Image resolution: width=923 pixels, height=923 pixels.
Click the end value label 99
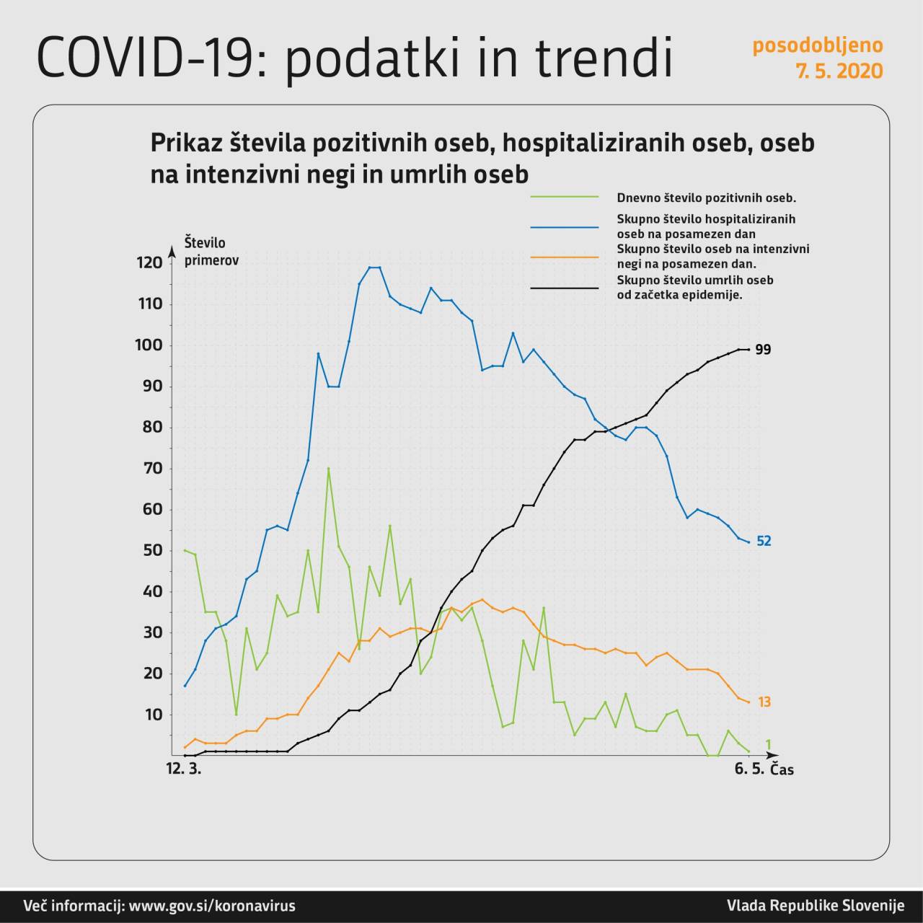click(x=763, y=350)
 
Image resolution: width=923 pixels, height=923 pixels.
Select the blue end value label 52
click(x=764, y=541)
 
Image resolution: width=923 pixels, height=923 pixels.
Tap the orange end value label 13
click(x=764, y=702)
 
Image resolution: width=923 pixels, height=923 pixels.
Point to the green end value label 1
click(x=768, y=744)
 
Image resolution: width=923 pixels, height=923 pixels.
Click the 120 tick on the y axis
click(x=149, y=262)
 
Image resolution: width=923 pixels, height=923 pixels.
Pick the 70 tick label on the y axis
click(x=151, y=469)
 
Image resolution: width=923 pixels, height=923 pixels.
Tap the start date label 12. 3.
click(x=184, y=769)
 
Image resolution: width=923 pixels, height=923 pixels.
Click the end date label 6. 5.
click(x=749, y=769)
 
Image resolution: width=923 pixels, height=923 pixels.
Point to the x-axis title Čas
click(x=782, y=769)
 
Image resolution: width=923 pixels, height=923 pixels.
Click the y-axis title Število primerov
click(x=211, y=251)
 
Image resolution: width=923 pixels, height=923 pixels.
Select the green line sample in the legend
click(x=565, y=197)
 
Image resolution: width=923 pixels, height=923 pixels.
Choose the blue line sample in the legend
click(x=565, y=226)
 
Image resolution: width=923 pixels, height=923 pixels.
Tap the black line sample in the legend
click(x=565, y=288)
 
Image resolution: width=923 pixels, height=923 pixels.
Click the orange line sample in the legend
click(x=565, y=257)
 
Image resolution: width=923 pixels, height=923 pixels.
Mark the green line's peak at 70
click(x=328, y=469)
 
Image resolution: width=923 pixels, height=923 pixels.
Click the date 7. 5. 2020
click(x=839, y=71)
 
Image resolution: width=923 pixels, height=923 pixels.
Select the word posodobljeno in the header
click(x=817, y=45)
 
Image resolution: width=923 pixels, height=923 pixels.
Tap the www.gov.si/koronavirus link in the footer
click(x=212, y=906)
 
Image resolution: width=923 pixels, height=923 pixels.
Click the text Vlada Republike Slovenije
click(x=815, y=906)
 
